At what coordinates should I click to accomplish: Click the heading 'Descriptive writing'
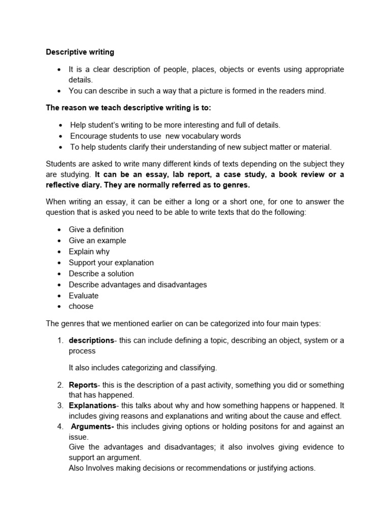click(80, 52)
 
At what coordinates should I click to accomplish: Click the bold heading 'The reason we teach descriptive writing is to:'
click(128, 108)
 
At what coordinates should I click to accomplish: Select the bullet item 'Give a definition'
click(96, 230)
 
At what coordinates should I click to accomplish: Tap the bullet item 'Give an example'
click(97, 241)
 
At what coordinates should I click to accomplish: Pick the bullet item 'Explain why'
click(89, 251)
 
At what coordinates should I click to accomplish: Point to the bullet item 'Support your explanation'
click(111, 263)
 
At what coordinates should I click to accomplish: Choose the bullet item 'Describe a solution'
click(101, 274)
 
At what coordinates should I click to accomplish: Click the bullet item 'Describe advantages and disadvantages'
click(138, 284)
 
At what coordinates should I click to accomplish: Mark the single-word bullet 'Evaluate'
click(84, 296)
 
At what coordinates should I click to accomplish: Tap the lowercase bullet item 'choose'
click(81, 306)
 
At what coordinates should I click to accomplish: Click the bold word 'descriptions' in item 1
click(91, 340)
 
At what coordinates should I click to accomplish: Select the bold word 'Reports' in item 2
click(83, 385)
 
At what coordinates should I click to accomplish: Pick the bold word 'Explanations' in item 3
click(92, 406)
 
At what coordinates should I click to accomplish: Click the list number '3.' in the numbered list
click(59, 406)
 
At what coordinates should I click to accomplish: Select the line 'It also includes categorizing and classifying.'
click(143, 368)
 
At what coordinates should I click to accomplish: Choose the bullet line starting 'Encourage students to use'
click(155, 136)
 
